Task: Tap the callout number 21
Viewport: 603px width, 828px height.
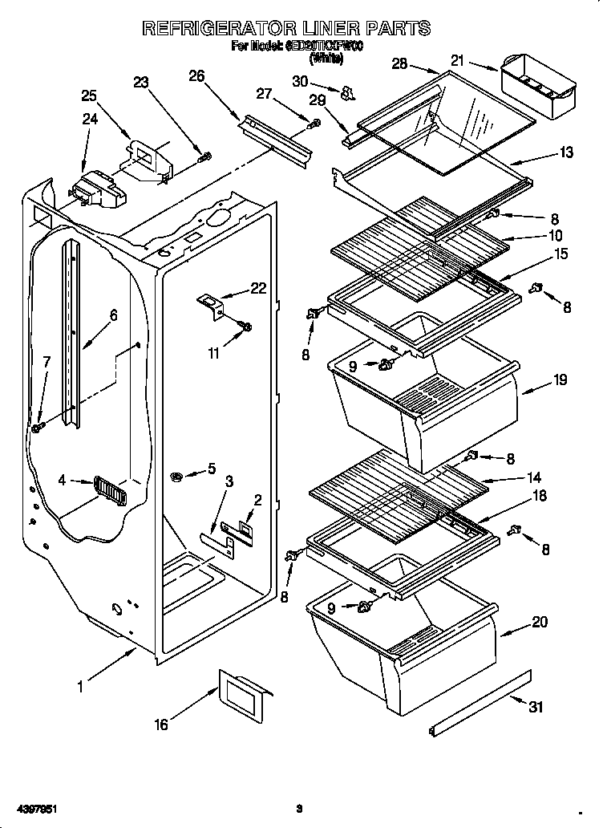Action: click(457, 59)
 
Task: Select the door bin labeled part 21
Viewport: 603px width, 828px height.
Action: click(539, 86)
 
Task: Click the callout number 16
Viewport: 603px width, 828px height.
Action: click(161, 724)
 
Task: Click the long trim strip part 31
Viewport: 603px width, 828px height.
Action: click(480, 703)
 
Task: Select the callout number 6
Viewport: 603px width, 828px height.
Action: click(113, 315)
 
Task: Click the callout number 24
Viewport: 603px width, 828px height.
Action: click(90, 120)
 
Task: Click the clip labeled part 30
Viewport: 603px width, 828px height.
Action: click(346, 94)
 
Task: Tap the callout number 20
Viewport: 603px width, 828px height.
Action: click(540, 620)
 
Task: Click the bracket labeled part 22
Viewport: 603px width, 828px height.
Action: click(212, 306)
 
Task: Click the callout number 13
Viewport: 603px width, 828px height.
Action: click(566, 152)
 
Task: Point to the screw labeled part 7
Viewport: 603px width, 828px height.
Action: click(37, 428)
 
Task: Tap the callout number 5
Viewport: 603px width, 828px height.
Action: click(211, 468)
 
